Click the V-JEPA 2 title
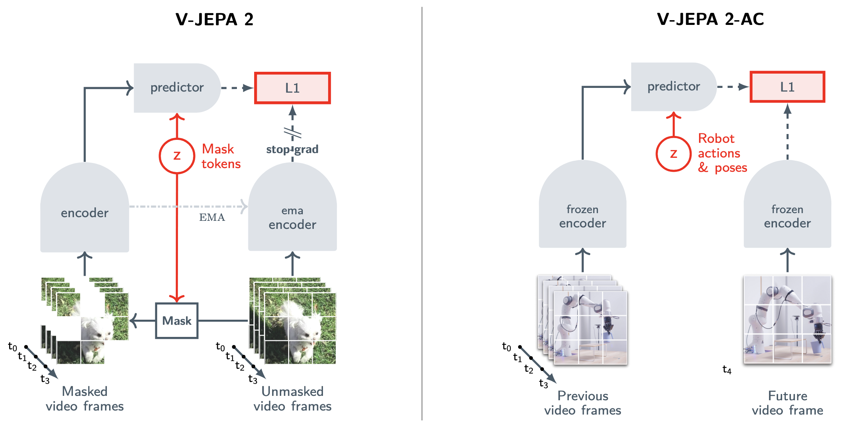coord(214,19)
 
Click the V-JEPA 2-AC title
coord(710,19)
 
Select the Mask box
coord(176,320)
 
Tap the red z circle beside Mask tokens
coord(177,156)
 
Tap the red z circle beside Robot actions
coord(673,154)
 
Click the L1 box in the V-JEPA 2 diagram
coord(292,88)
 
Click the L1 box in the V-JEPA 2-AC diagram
coord(787,87)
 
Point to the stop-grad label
coord(292,149)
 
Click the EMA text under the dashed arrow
coord(212,218)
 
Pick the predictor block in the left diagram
coord(176,88)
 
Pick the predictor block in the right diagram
coord(673,86)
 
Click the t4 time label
coord(726,370)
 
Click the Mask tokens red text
coord(221,156)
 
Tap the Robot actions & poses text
coord(721,153)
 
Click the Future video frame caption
coord(787,403)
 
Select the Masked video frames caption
coord(85,399)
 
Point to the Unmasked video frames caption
coord(292,399)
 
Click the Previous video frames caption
coord(582,403)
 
